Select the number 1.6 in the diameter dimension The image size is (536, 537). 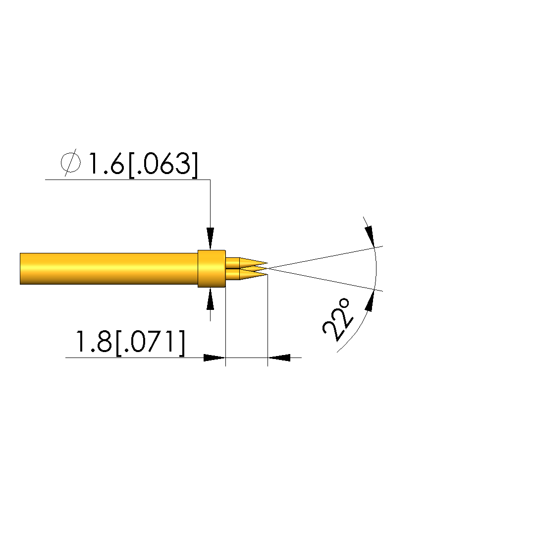[x=106, y=163]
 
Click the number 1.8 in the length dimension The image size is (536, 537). [x=93, y=342]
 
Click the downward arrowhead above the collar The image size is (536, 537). [x=211, y=239]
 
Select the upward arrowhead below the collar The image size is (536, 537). [x=211, y=299]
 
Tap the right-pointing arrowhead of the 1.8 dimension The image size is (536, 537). [x=214, y=358]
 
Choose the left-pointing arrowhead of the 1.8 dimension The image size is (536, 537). [x=279, y=358]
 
